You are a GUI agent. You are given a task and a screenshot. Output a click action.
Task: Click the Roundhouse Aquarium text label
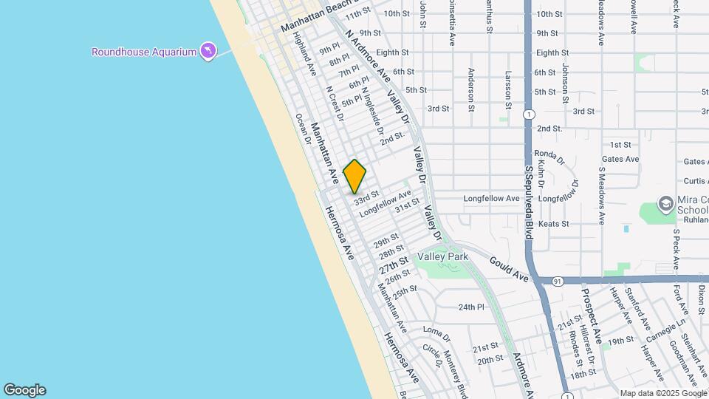144,52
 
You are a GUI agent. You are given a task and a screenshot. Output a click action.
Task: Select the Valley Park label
443,256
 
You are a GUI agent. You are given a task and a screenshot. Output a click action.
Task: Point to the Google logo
24,390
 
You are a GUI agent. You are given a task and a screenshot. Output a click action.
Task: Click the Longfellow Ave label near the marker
385,204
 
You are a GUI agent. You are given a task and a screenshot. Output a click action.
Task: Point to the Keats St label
554,223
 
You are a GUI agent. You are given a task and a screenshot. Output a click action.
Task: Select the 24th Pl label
471,307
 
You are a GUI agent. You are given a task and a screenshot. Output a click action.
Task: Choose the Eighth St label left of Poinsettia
392,52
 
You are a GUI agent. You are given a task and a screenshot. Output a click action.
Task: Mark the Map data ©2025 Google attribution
662,393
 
